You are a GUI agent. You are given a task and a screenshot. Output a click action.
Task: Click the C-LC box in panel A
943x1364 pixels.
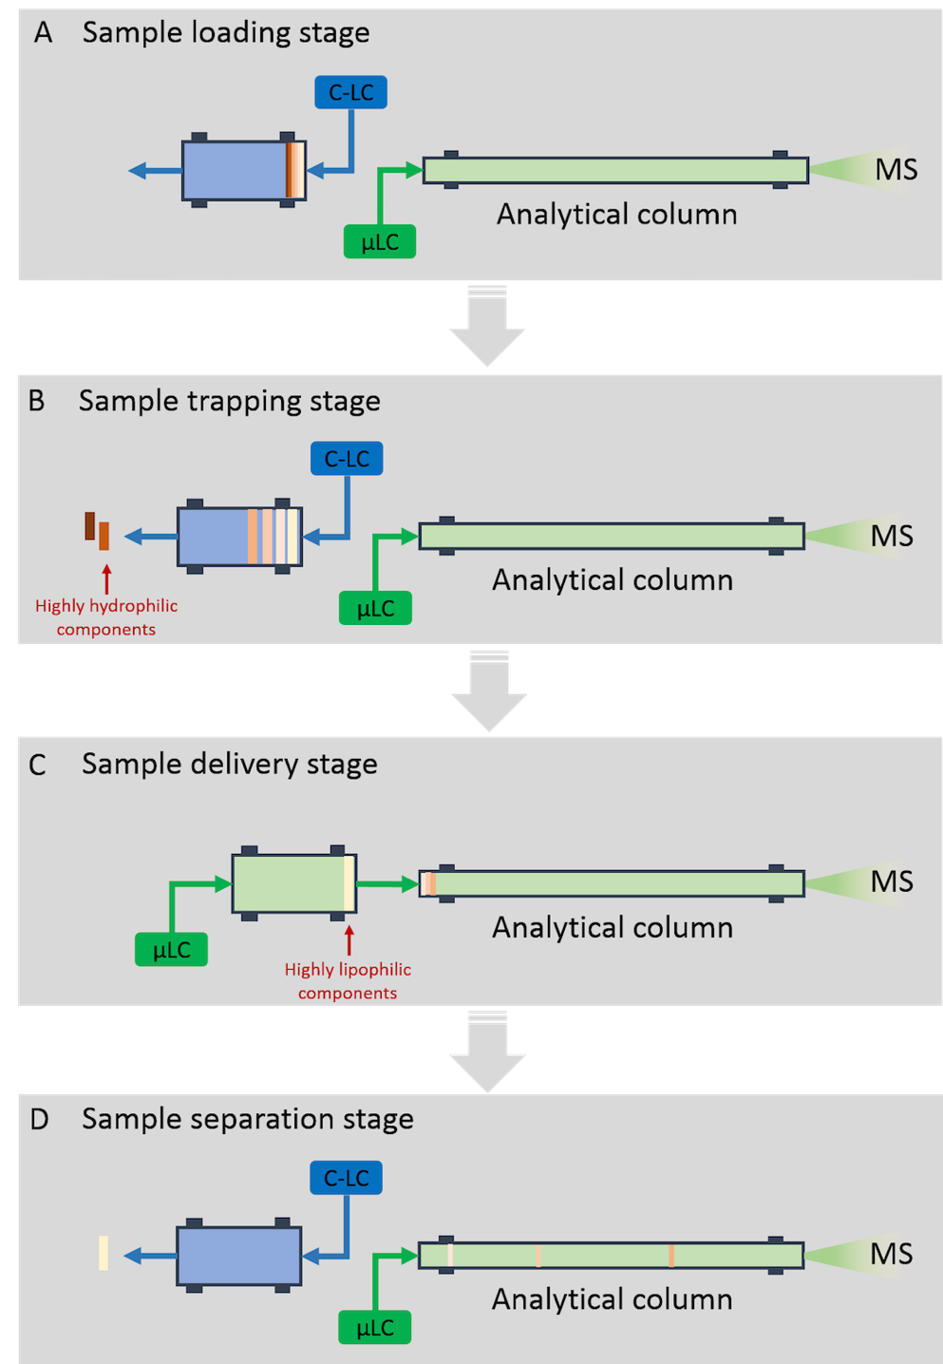[350, 92]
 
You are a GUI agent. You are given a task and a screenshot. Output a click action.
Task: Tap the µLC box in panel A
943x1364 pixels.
[379, 241]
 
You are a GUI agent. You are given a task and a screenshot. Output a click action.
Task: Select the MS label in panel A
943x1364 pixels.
[896, 170]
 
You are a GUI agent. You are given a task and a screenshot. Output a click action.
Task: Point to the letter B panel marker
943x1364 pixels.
[36, 401]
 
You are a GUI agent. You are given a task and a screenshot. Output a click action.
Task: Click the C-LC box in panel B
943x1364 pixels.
[347, 459]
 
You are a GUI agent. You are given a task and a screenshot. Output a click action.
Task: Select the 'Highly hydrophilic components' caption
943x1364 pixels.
[106, 617]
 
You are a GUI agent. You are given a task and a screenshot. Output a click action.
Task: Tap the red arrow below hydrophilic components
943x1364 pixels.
[106, 578]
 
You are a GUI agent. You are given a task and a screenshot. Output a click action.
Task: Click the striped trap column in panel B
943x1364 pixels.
[239, 537]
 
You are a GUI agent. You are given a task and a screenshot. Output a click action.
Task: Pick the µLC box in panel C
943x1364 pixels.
[171, 949]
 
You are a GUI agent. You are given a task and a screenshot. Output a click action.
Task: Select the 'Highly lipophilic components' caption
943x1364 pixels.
[348, 981]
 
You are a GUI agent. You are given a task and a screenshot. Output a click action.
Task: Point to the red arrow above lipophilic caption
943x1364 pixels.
[349, 939]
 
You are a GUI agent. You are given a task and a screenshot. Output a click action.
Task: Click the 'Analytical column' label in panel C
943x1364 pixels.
[613, 927]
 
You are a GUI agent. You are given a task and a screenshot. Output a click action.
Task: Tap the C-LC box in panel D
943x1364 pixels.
[346, 1178]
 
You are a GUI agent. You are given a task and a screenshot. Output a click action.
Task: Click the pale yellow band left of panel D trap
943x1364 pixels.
[103, 1253]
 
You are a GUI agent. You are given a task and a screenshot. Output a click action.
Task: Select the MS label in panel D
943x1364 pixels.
[892, 1254]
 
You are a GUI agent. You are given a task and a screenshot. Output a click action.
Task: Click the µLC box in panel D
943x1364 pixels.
[375, 1327]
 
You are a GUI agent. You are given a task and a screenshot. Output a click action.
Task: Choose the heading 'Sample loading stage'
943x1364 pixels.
[226, 32]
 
